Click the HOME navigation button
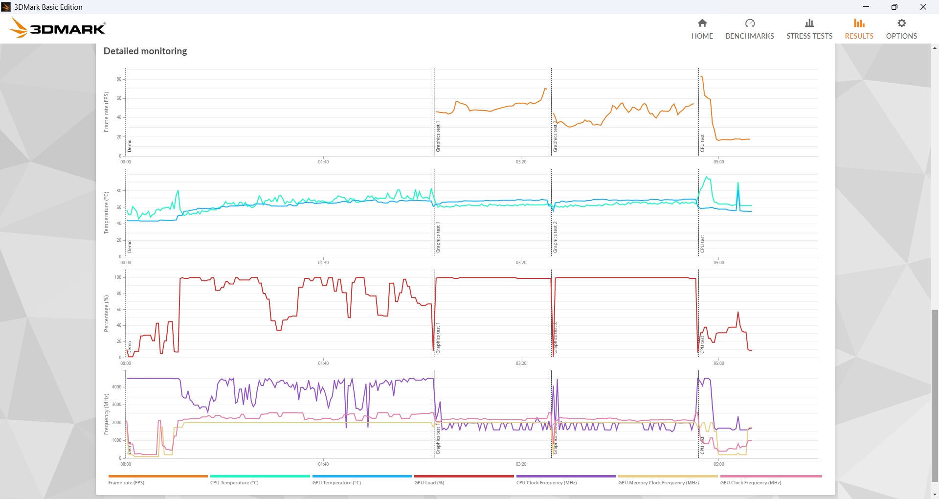(702, 29)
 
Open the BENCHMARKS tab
(749, 29)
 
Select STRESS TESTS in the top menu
(809, 29)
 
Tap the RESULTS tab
(859, 29)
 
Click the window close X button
(923, 7)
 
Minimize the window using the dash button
(866, 7)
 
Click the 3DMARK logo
(58, 28)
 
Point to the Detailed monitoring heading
(145, 51)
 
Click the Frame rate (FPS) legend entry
(126, 482)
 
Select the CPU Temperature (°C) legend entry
(234, 482)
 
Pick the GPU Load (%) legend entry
(429, 482)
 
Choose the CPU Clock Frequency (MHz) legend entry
(546, 482)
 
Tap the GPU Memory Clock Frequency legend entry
(658, 482)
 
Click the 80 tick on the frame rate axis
(119, 79)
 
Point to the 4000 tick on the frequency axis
(116, 387)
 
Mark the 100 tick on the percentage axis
(118, 277)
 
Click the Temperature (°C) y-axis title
(106, 213)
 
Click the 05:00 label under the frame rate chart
(718, 162)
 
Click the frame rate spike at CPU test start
(702, 77)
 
